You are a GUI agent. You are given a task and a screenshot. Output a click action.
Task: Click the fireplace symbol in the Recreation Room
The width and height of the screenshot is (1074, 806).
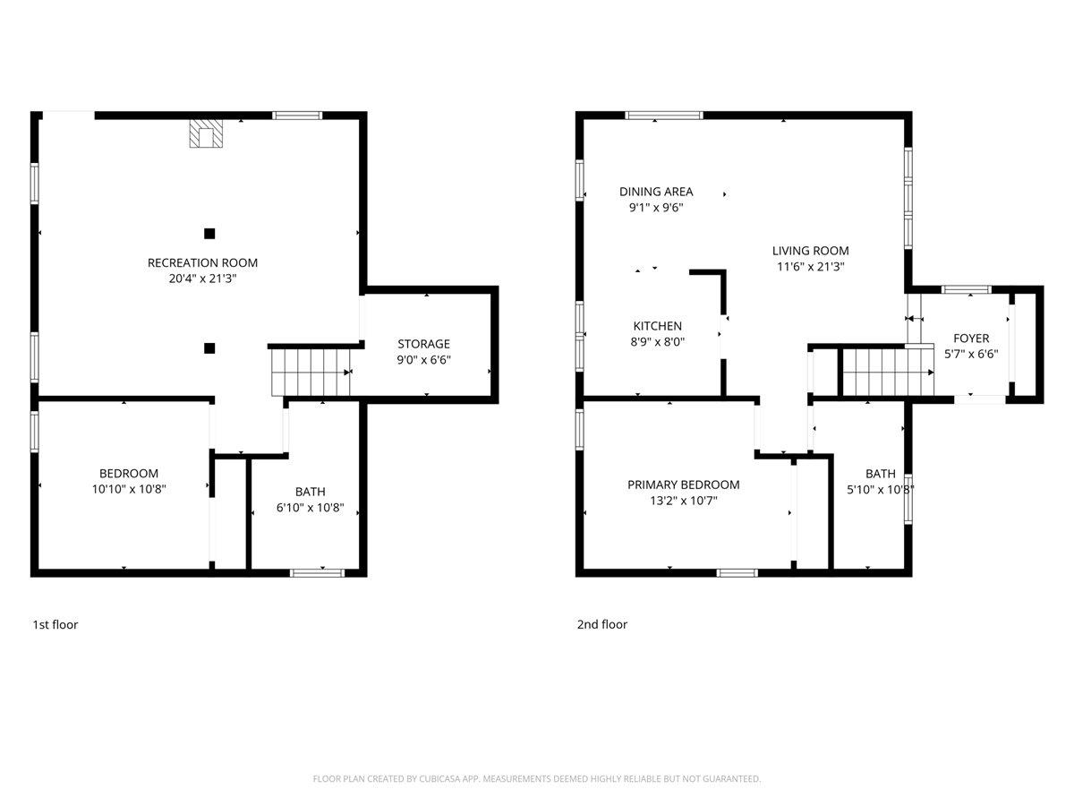(x=206, y=135)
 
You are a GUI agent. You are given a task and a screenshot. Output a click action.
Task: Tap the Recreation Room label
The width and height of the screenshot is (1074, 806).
(x=202, y=262)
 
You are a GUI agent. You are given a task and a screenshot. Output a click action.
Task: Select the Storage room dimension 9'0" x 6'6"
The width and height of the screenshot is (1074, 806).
(x=423, y=359)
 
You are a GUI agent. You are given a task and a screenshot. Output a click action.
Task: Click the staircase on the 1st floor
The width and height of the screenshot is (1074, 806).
(x=310, y=372)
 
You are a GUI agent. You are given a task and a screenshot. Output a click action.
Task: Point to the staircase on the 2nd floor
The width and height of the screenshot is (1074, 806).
(x=886, y=372)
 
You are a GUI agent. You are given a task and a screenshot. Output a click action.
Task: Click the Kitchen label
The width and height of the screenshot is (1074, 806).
(x=657, y=326)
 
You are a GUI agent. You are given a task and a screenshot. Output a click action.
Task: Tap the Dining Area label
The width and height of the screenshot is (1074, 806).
(x=656, y=192)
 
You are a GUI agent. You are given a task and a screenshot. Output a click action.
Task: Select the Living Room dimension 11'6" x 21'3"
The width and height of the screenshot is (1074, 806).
(x=810, y=266)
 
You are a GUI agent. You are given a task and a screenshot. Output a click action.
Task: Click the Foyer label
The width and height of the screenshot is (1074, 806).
(x=971, y=339)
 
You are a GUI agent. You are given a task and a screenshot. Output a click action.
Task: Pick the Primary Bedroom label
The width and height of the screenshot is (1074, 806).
(x=683, y=484)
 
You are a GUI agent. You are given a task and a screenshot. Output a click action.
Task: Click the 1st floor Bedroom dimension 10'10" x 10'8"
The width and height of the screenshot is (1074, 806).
(x=129, y=489)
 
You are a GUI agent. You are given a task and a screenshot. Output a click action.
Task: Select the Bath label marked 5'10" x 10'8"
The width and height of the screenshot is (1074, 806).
(x=880, y=474)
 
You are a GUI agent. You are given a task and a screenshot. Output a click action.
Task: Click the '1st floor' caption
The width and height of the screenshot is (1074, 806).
(x=55, y=624)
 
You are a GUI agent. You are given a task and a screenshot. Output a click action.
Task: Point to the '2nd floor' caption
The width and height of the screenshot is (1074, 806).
(x=601, y=624)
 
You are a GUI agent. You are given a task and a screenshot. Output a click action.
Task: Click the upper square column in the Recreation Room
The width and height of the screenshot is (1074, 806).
(x=209, y=234)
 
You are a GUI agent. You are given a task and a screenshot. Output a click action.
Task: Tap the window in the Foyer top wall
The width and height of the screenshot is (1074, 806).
(x=967, y=289)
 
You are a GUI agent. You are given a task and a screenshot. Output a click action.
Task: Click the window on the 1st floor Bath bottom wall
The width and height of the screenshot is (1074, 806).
(x=317, y=571)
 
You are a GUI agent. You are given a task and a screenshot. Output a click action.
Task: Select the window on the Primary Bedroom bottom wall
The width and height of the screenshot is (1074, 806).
(x=737, y=571)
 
